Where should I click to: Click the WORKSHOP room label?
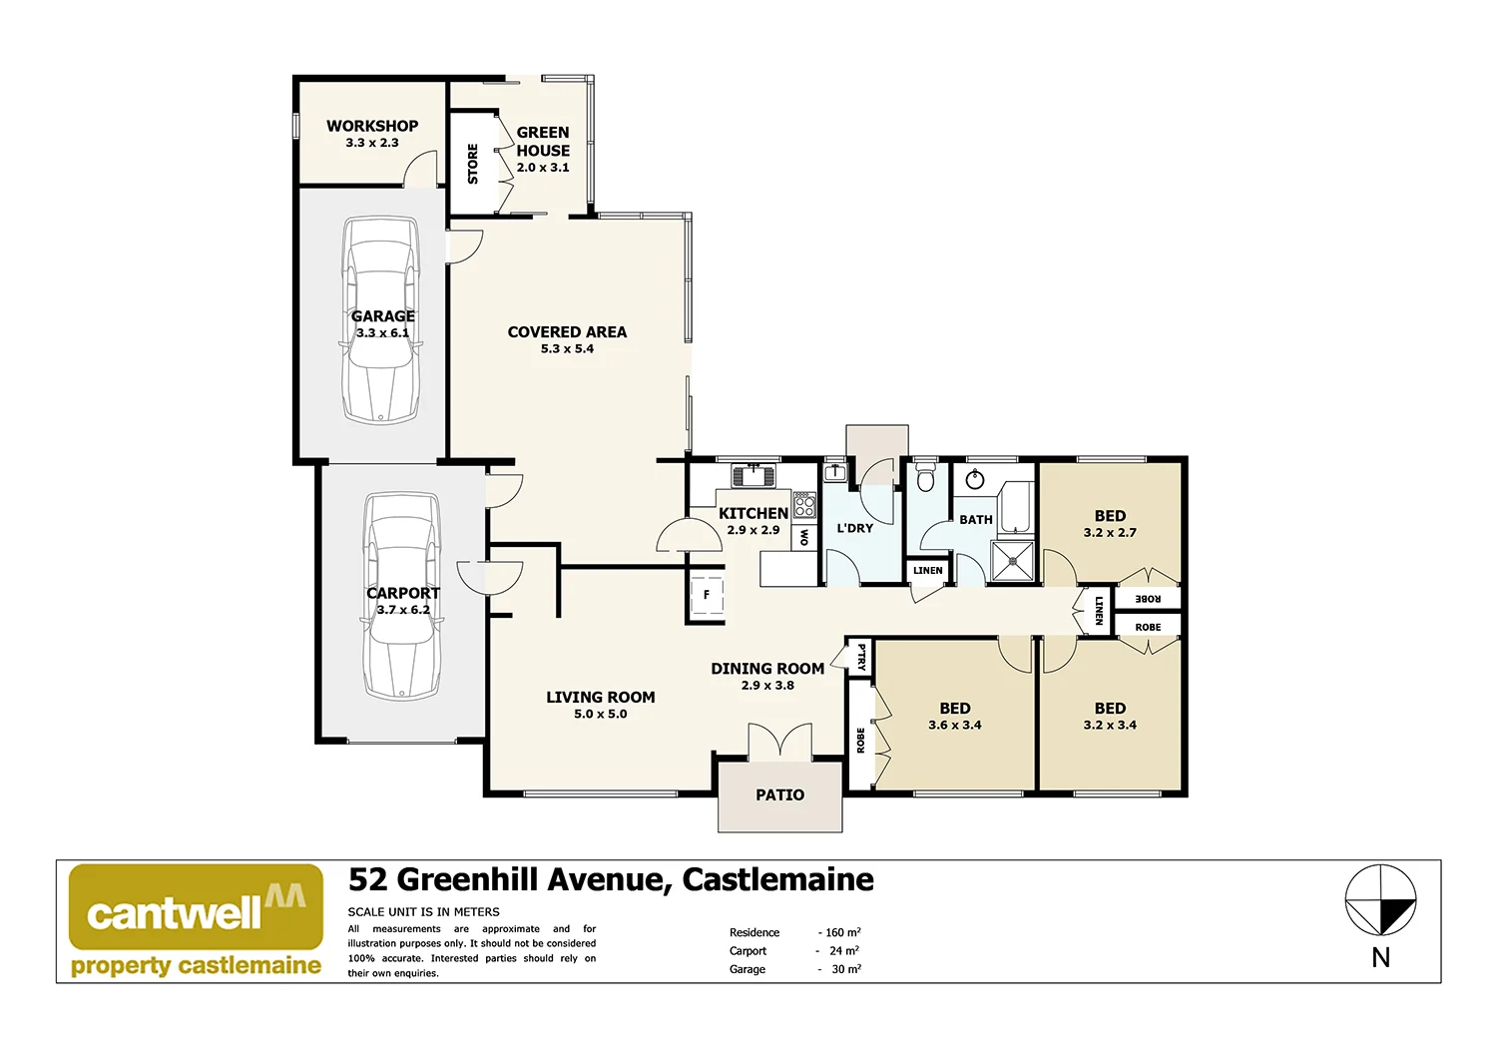tap(372, 126)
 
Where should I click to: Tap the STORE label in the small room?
tap(473, 164)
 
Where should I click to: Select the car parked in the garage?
tap(380, 321)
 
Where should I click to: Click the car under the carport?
tap(401, 596)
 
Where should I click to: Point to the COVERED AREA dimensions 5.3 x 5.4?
tap(567, 349)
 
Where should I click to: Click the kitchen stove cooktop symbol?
tap(804, 504)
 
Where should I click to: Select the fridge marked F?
tap(707, 595)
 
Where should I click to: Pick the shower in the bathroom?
tap(1012, 562)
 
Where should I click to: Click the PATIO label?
tap(779, 795)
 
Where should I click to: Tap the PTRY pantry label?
tap(861, 656)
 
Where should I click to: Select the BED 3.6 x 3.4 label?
tap(955, 716)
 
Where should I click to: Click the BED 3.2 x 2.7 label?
tap(1110, 523)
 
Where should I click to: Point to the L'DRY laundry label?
tap(854, 528)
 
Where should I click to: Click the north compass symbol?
tap(1380, 901)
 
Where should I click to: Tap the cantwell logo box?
tap(196, 906)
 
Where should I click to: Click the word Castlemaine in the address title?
tap(777, 879)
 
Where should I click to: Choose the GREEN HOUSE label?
tap(543, 141)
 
